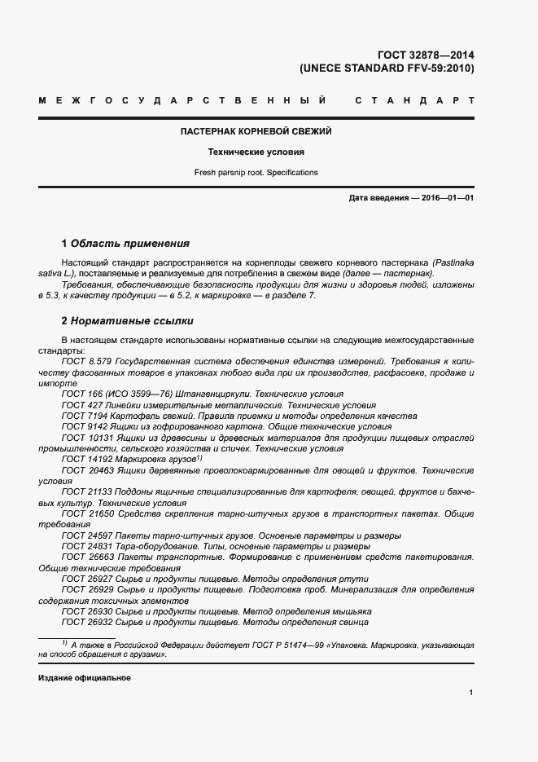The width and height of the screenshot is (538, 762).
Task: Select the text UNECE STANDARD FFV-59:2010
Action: click(387, 68)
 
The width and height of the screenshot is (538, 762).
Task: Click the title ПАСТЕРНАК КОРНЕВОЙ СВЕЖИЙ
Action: click(256, 131)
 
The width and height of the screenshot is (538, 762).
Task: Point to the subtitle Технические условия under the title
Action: click(256, 152)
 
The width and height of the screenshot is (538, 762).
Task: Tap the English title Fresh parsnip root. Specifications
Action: click(256, 173)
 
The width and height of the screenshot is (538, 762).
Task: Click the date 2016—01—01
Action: click(447, 198)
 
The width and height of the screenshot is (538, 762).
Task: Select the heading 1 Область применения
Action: click(125, 243)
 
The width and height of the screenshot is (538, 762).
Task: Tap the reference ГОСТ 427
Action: click(80, 404)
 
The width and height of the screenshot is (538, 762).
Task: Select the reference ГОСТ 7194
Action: click(82, 415)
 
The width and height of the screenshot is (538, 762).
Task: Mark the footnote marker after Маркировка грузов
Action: click(198, 458)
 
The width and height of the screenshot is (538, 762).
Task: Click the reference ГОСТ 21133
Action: click(85, 492)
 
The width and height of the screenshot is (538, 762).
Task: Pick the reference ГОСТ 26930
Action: click(85, 610)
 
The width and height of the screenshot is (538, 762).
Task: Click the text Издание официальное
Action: click(84, 678)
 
